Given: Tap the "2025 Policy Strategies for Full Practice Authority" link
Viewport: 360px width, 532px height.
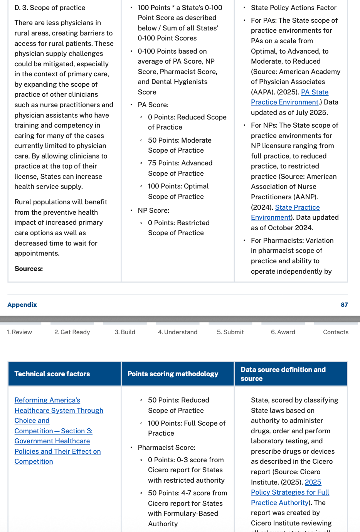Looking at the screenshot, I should tap(290, 492).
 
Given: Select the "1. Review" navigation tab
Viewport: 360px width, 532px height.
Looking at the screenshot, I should tap(19, 332).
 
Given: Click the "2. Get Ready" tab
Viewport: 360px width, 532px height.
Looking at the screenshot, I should tap(72, 332).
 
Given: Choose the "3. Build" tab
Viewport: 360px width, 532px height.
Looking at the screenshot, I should tap(125, 332).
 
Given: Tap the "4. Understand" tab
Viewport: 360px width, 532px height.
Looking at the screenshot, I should tap(178, 332).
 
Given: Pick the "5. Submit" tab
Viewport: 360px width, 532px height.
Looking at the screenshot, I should tap(230, 332).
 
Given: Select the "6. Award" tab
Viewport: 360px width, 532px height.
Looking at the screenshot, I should tap(283, 332).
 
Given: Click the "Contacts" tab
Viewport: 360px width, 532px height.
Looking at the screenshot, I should tap(336, 332).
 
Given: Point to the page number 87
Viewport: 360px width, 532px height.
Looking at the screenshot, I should tap(344, 305).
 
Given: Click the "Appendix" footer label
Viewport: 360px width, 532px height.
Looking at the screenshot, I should tap(22, 305).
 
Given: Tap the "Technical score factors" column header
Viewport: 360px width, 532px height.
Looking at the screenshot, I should tap(52, 374).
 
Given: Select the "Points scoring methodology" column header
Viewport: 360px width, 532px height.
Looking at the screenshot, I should tap(173, 374).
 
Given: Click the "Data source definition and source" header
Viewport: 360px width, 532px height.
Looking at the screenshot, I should tap(283, 374).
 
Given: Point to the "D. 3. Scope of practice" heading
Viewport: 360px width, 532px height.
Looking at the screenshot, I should tap(50, 8).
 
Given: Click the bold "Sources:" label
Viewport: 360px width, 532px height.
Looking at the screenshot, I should tap(29, 269).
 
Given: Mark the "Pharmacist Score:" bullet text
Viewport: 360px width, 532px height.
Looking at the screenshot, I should tap(167, 448).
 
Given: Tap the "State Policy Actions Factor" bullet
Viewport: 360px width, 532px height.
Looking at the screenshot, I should tap(294, 8).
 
